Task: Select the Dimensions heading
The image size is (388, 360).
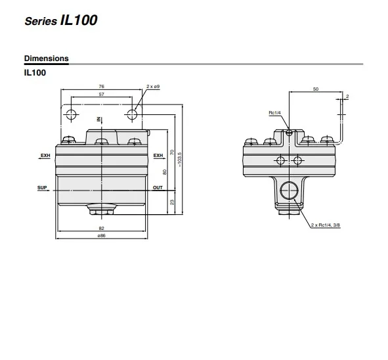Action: pos(46,58)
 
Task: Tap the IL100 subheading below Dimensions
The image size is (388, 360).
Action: pos(35,72)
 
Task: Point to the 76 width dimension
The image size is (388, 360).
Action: pos(101,87)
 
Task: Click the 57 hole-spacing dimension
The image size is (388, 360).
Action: pos(101,95)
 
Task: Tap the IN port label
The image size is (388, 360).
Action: pos(98,120)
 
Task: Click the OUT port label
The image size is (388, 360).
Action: pos(158,187)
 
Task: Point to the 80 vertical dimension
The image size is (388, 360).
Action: pos(163,172)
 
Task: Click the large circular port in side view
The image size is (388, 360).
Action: pos(288,191)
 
